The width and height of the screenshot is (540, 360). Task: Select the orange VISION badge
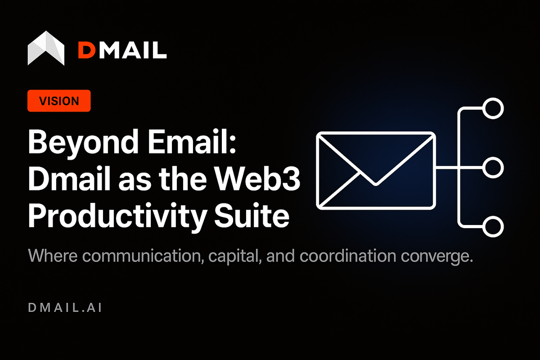coord(59,101)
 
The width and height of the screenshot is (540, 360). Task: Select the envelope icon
coord(376,170)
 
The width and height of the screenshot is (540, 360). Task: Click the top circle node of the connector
coord(493,108)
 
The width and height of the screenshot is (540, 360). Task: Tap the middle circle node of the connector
coord(493,167)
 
